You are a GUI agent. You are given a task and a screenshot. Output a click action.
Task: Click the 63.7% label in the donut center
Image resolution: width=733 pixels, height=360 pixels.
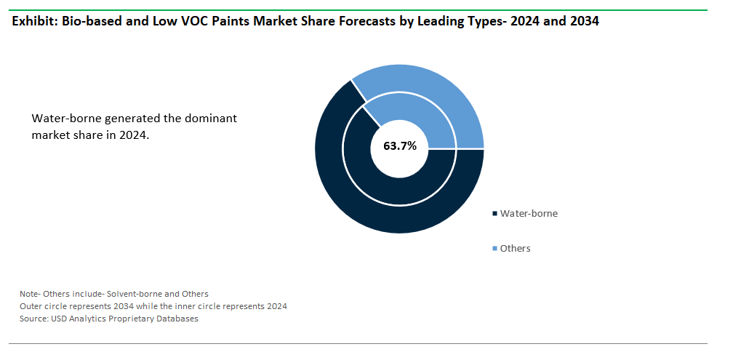coord(400,146)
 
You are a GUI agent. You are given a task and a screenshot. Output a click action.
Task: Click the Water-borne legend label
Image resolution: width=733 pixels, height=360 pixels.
coord(529,214)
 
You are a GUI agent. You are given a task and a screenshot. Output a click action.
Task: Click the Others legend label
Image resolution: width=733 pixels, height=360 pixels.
coord(515,248)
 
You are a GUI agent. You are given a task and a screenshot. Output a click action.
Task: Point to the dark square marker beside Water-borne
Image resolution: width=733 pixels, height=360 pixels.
coord(494,214)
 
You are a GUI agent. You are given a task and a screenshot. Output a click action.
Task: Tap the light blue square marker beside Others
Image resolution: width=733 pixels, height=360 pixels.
coord(494,249)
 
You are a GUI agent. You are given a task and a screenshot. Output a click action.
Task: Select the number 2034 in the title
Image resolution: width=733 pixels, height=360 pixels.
coord(585,22)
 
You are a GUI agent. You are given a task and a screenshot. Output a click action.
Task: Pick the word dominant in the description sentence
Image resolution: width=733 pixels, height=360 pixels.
coord(213,119)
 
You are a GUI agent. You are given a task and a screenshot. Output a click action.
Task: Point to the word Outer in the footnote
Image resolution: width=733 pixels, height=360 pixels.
coord(29,307)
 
